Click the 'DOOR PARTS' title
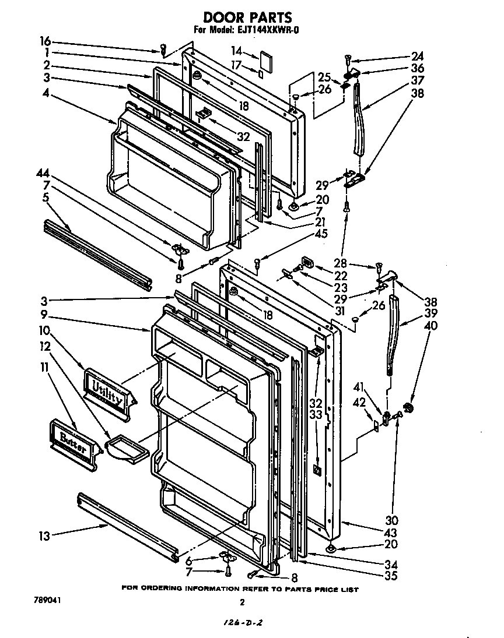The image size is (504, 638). click(x=247, y=18)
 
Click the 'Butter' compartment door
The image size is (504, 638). click(x=72, y=441)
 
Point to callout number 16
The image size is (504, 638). click(x=45, y=41)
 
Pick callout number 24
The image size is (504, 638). click(x=417, y=57)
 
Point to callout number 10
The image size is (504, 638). click(x=45, y=331)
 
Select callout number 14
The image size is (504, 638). click(x=236, y=50)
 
